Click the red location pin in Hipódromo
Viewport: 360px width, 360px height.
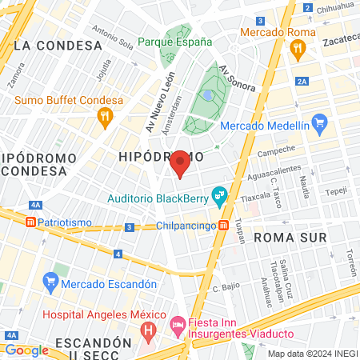pos(180,162)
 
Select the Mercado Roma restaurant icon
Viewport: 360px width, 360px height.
pos(299,48)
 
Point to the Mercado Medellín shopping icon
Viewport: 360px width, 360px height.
pos(320,123)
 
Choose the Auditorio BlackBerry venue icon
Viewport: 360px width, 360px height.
pos(218,195)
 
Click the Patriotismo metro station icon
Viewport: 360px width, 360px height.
pos(30,222)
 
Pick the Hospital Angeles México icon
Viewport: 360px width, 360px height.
pos(147,329)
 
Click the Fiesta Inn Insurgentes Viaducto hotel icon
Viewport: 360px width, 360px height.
pos(178,323)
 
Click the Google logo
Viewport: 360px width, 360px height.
pos(26,350)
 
